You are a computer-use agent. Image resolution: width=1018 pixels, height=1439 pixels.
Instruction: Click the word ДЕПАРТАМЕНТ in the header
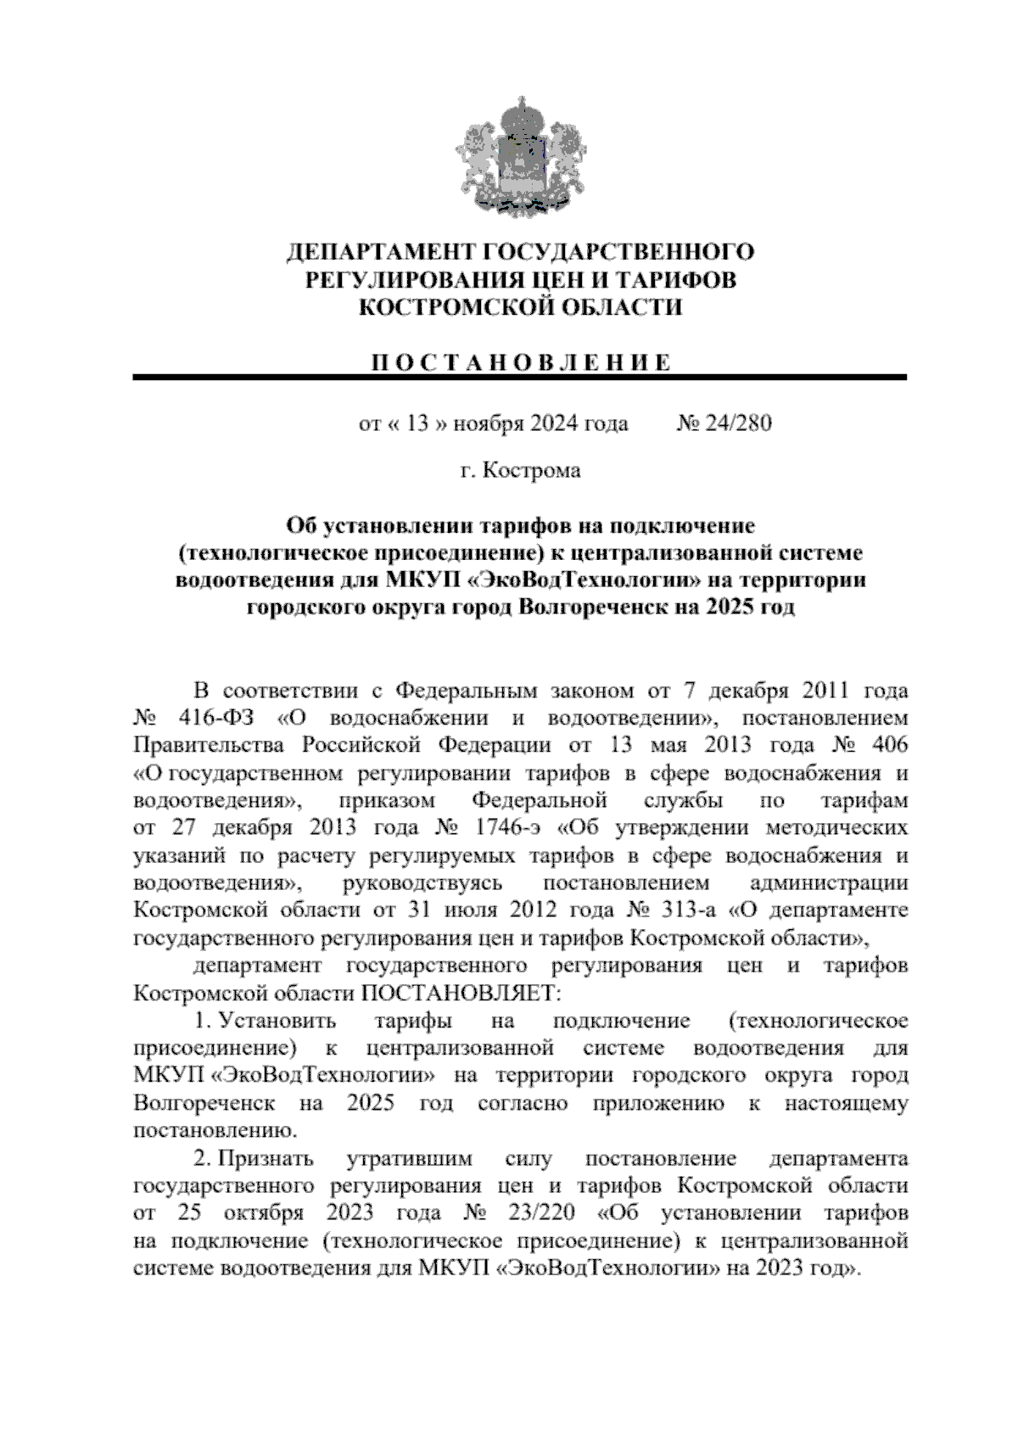coord(381,252)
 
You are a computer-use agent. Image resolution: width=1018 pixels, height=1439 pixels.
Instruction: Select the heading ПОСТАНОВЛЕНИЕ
coord(520,362)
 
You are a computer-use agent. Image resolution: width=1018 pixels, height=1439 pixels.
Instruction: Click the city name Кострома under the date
coord(532,470)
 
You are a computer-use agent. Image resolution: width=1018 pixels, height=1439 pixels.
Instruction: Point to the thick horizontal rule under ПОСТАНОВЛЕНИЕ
coord(520,377)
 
